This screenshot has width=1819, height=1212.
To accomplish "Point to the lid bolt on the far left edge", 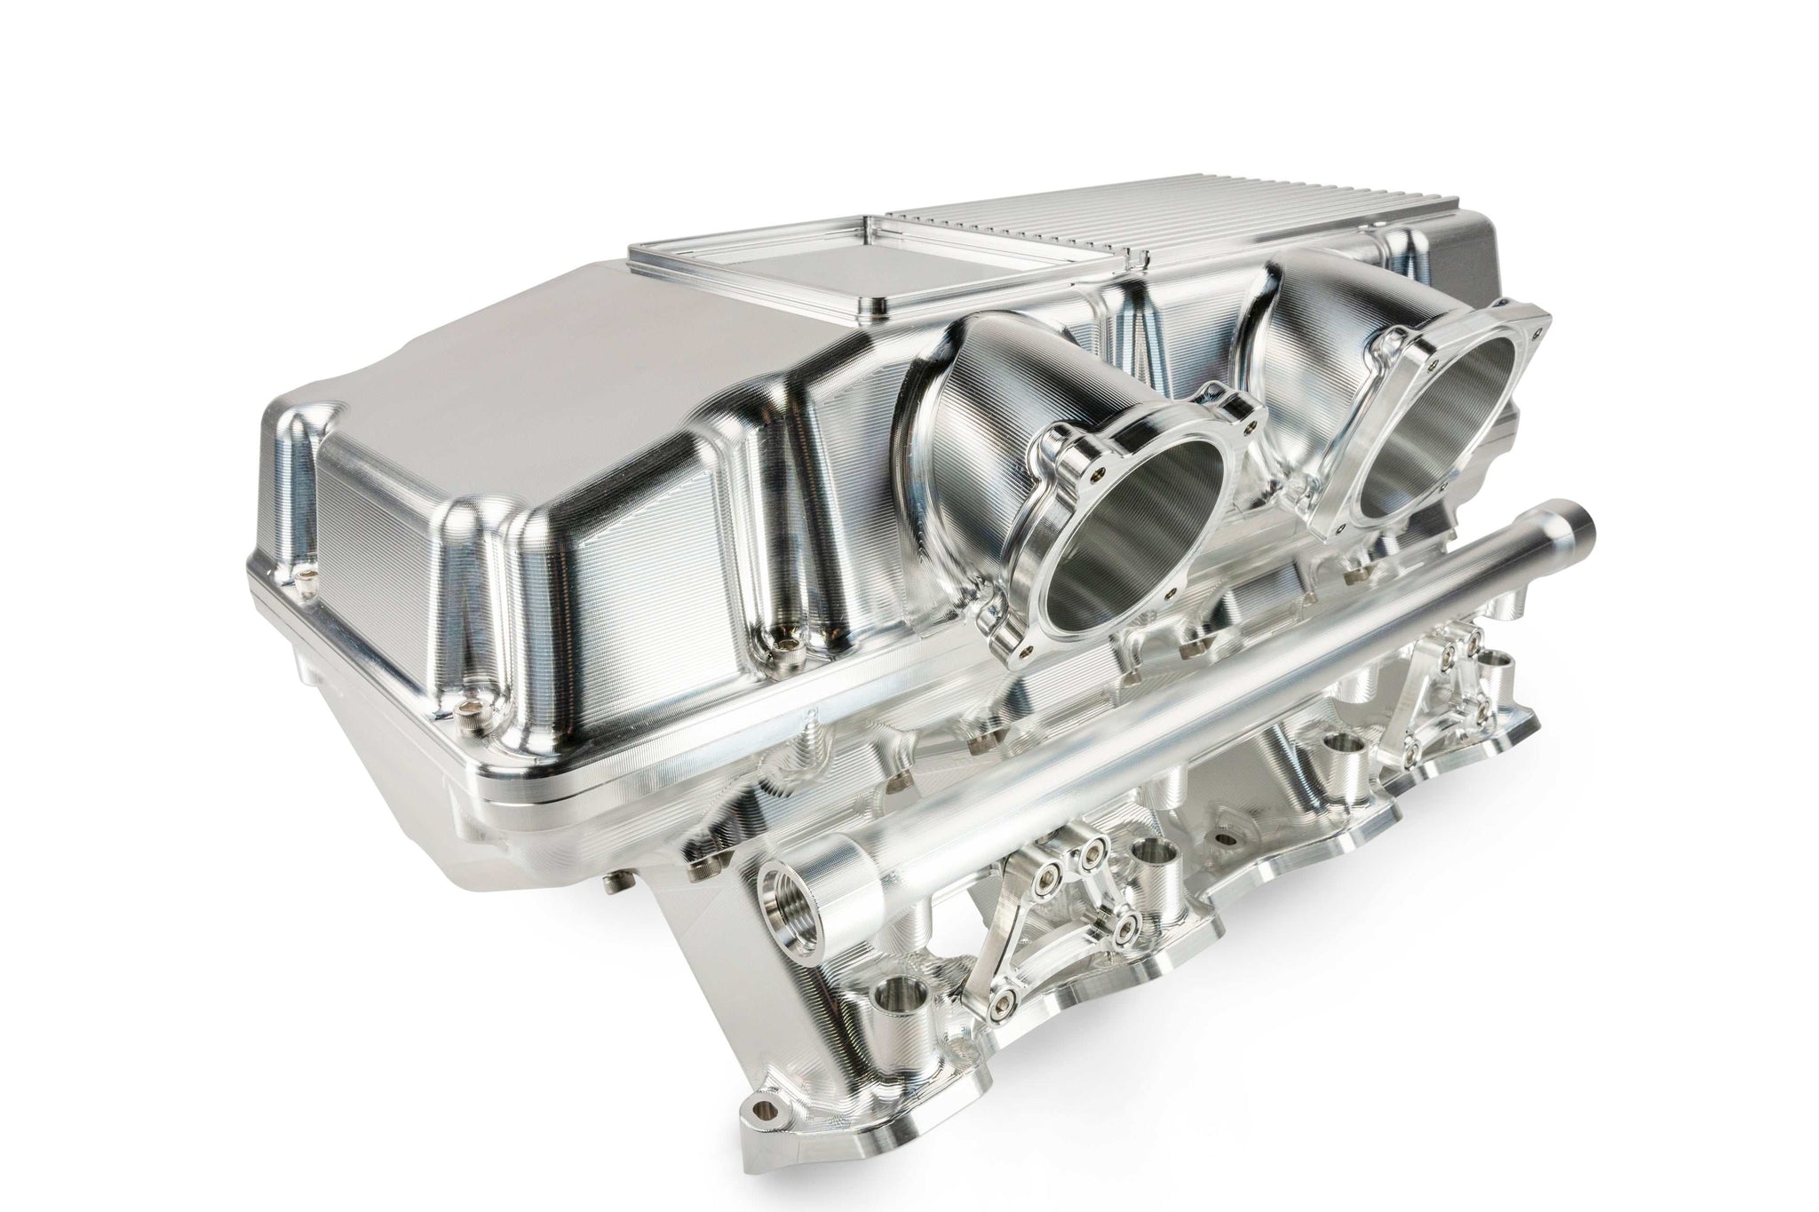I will tap(307, 580).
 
